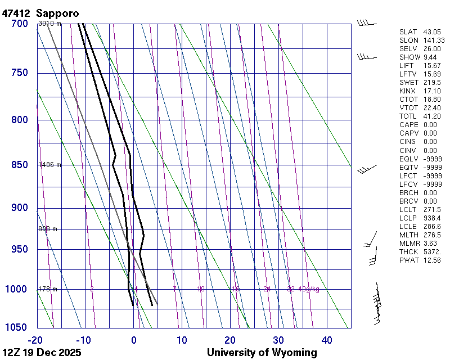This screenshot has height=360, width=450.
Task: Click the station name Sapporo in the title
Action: pos(58,13)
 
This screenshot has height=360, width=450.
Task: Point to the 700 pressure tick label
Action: pos(19,24)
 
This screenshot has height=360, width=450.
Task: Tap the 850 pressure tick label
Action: pos(19,165)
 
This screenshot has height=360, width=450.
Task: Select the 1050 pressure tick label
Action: pos(17,328)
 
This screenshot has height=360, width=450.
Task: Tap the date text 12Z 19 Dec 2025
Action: pos(42,353)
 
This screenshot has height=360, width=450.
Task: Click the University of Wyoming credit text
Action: pos(262,353)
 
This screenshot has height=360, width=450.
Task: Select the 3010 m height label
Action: pos(49,24)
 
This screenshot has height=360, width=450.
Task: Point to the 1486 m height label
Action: pos(49,165)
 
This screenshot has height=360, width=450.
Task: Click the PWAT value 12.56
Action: pos(432,260)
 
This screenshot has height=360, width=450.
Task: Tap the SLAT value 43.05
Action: pos(432,32)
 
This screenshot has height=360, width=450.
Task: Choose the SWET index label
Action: pos(408,83)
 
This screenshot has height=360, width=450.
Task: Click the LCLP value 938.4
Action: pos(432,218)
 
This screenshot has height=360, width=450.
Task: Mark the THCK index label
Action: pos(408,251)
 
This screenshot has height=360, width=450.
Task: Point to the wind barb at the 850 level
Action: pos(367,168)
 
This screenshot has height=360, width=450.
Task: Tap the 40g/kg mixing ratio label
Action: pos(309,289)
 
